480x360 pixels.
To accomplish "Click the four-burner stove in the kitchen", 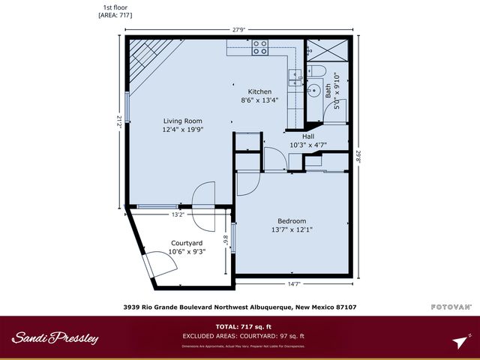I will [260, 47].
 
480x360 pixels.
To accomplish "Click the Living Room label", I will [183, 121].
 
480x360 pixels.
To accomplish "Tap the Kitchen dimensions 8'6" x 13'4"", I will [259, 100].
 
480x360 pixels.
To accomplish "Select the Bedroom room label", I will [292, 220].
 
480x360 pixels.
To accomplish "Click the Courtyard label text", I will [187, 244].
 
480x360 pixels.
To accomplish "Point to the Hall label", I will [307, 136].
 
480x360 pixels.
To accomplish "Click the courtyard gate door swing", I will [154, 262].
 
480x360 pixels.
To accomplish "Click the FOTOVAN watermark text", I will [451, 306].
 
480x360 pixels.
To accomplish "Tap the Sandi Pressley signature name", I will [55, 338].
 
